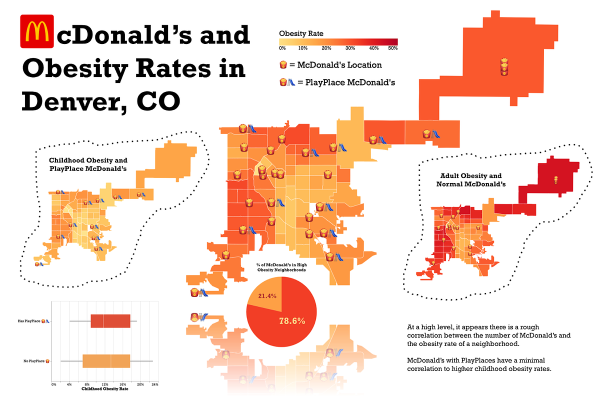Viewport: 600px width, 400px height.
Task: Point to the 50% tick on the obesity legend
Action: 392,48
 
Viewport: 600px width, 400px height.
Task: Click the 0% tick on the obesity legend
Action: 282,48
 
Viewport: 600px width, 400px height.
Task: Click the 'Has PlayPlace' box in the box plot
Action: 110,321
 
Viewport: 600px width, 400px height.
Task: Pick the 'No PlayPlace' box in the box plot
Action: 106,361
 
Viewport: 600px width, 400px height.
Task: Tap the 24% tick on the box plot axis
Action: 154,384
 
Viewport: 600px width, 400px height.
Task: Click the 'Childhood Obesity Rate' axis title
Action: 104,389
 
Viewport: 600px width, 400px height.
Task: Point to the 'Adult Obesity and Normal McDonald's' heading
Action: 470,180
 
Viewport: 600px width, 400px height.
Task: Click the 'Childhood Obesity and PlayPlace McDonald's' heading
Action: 88,164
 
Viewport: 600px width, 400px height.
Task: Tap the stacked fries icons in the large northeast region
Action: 504,67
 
